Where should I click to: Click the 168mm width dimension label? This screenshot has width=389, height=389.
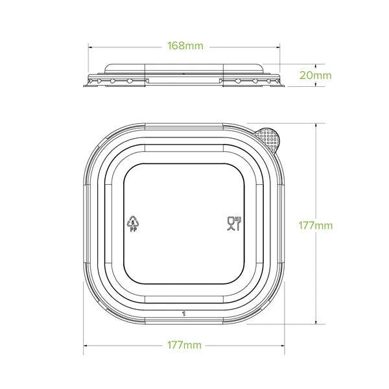(x=185, y=46)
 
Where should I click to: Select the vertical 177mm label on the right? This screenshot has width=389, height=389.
(x=316, y=226)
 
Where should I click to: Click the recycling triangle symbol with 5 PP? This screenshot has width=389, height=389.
(x=132, y=222)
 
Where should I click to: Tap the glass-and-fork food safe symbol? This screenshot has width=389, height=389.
(x=234, y=224)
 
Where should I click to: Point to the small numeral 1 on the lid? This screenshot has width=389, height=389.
(x=185, y=312)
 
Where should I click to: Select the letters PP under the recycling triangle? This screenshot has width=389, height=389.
(x=132, y=229)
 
